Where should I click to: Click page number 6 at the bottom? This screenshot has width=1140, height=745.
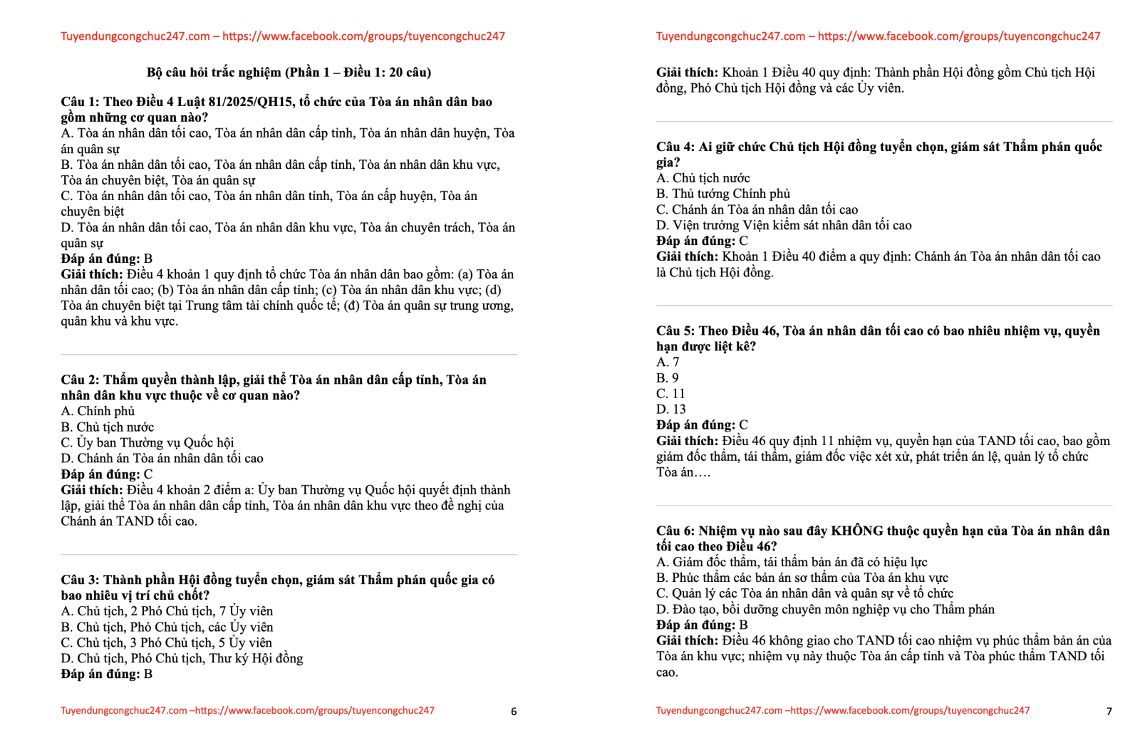coord(514,712)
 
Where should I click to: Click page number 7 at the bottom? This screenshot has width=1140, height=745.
coord(1109,712)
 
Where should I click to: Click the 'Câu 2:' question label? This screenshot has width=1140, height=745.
coord(80,380)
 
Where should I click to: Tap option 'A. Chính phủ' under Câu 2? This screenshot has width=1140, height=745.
coord(98,411)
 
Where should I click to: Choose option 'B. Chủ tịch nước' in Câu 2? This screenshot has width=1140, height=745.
coord(108,427)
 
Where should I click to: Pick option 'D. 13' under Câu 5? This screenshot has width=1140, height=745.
coord(671,410)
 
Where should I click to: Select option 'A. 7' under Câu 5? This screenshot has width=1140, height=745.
coord(668,363)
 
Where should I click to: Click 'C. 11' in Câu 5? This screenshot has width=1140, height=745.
coord(670,394)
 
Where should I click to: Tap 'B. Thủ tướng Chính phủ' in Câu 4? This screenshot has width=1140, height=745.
coord(723,194)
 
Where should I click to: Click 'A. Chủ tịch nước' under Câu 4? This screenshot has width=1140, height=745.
coord(703,178)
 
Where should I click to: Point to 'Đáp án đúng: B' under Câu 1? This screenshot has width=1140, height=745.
coord(107,259)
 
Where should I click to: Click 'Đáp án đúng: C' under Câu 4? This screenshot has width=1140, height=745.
coord(702,241)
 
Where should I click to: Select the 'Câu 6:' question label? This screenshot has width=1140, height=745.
coord(675,531)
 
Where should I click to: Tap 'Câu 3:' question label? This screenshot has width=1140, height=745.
coord(80,580)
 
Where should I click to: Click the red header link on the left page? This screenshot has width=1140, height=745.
coord(283,36)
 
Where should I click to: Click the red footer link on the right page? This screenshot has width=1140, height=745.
coord(843,711)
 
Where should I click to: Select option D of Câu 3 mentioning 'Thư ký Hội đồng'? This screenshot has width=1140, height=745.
coord(182,658)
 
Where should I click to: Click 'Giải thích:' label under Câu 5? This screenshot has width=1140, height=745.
coord(687,441)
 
